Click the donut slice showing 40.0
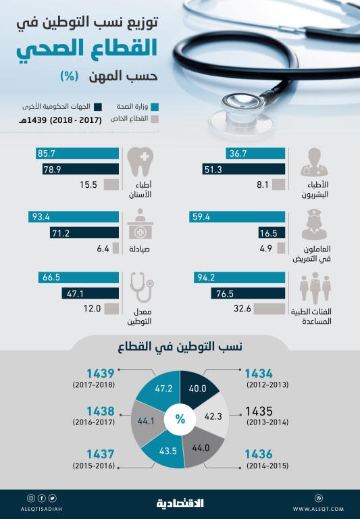click(197, 388)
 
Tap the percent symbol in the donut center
click(180, 419)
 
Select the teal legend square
click(155, 106)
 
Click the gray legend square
click(155, 119)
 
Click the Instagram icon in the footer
click(30, 498)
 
